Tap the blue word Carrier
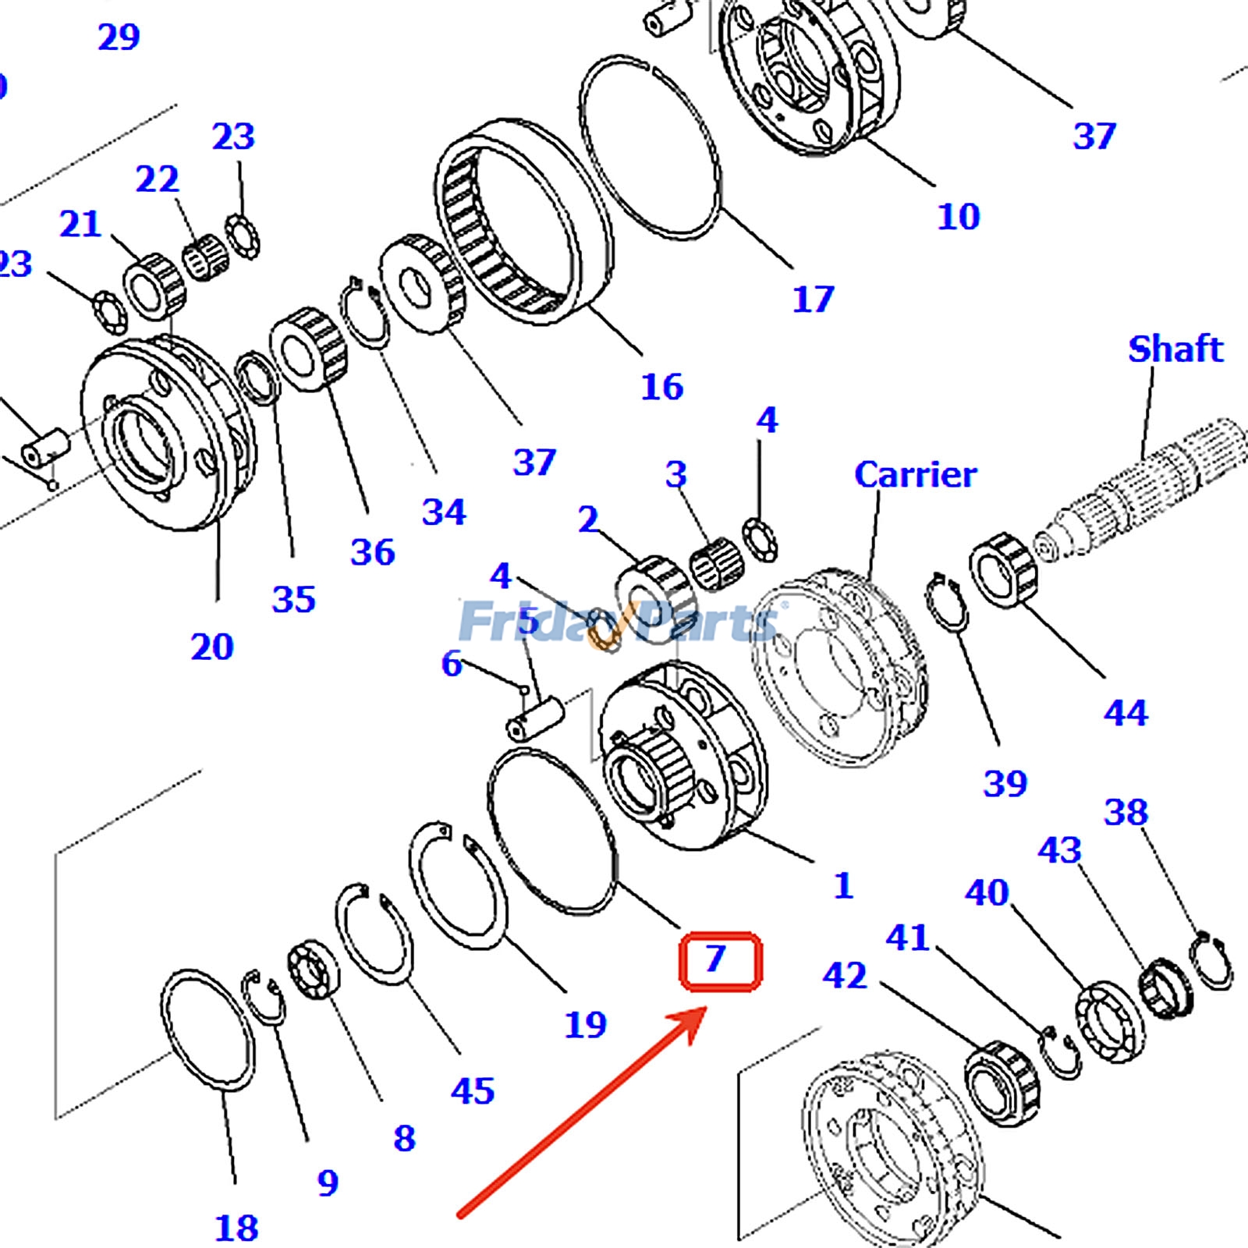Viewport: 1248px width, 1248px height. pos(914,475)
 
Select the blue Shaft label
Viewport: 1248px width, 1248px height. pos(1175,349)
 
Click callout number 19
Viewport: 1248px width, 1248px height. pos(585,1024)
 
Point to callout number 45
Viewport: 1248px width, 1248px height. pos(473,1090)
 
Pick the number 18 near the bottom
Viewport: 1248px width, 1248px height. pos(236,1228)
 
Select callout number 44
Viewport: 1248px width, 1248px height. pos(1125,712)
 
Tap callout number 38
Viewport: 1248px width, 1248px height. pos(1126,813)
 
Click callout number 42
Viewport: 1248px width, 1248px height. pos(844,975)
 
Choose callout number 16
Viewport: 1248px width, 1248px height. pos(661,387)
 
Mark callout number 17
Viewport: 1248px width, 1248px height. pos(813,299)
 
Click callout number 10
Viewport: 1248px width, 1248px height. pos(958,216)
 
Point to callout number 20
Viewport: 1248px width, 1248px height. pos(211,647)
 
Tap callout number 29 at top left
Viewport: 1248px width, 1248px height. pos(119,37)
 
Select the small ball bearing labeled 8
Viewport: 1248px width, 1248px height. pos(314,969)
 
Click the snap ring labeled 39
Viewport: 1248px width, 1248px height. pos(947,601)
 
